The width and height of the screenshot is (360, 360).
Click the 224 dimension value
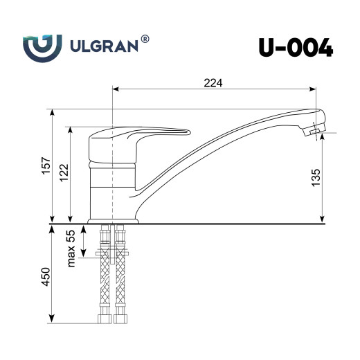pyautogui.click(x=213, y=83)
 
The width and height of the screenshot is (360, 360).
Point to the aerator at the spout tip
pyautogui.click(x=315, y=131)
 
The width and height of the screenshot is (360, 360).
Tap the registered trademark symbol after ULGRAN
pyautogui.click(x=144, y=39)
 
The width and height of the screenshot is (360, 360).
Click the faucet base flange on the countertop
pyautogui.click(x=114, y=221)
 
